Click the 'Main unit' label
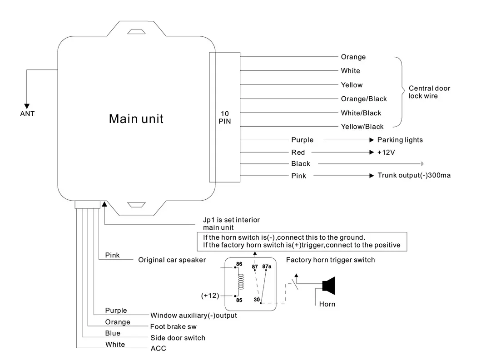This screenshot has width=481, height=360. tap(136, 119)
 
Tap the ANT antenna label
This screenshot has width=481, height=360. tap(27, 113)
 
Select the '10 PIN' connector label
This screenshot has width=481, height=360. tap(224, 117)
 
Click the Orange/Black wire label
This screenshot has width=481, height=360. tap(364, 99)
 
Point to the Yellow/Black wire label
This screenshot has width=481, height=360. tap(362, 127)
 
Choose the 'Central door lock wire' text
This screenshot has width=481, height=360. tap(429, 92)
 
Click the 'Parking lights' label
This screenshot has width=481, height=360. tap(400, 140)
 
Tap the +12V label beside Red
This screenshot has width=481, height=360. tap(386, 153)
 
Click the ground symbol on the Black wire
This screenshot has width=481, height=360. tap(422, 163)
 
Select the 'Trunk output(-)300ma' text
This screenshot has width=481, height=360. tap(414, 175)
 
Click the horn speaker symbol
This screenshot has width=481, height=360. tap(328, 285)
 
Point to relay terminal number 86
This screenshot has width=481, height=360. tap(239, 264)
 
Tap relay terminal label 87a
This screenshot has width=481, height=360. tap(267, 266)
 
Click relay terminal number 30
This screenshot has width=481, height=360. tap(257, 300)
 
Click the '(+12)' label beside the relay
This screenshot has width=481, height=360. tap(210, 295)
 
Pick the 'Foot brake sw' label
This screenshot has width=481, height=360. tap(170, 326)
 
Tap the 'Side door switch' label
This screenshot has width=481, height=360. tap(178, 338)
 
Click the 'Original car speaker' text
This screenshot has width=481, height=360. tap(172, 260)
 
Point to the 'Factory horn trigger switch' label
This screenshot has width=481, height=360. tap(330, 260)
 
